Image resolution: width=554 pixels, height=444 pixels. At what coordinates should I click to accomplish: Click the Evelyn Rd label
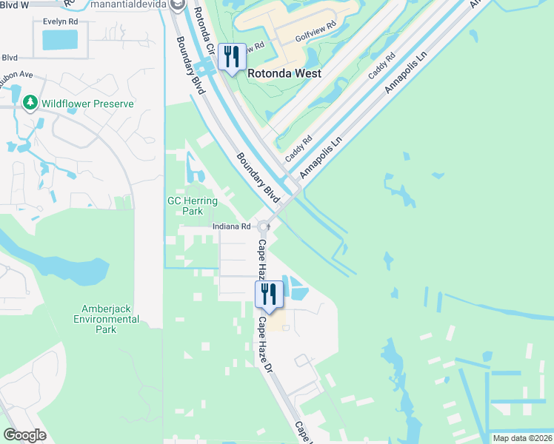61,22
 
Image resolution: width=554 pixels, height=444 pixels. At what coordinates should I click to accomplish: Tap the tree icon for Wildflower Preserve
30,103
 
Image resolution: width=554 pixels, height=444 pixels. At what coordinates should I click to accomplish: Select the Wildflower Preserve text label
87,104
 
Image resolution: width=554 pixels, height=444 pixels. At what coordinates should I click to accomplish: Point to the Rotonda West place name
284,73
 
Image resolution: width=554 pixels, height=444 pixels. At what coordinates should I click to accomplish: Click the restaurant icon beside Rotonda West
233,58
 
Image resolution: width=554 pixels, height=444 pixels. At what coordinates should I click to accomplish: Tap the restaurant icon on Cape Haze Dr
268,294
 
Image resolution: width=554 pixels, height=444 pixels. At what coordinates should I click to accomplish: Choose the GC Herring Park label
193,206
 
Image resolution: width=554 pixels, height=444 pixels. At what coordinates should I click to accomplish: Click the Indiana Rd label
232,226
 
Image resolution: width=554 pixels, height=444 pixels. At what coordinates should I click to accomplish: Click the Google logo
25,434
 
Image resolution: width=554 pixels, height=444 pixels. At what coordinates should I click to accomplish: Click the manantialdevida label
131,5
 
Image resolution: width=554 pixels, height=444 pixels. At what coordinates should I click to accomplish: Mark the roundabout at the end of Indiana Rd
264,226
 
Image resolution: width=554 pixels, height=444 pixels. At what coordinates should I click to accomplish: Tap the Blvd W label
14,4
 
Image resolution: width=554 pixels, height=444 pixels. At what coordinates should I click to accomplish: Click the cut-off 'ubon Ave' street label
17,74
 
